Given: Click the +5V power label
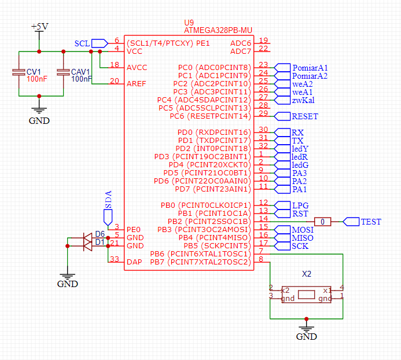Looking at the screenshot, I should point(39,27).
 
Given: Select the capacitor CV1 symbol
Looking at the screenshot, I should point(17,73).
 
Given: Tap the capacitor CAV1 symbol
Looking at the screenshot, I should point(62,73).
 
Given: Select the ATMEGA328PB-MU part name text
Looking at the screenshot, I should point(218,30).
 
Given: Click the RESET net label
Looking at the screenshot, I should point(304,116).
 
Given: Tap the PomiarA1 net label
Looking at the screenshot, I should point(310,68).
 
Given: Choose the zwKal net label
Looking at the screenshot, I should point(303,100).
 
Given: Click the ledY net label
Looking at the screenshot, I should point(300,149).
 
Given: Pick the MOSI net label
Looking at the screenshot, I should point(301,230).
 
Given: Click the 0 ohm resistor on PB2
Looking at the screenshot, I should point(323,222).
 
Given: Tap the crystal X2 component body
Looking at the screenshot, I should point(307,295).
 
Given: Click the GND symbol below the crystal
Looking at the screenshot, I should point(307,333).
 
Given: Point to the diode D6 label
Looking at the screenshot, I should point(100,234).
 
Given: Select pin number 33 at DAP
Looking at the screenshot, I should point(115,259).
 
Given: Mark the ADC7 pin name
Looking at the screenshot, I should point(241,52).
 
